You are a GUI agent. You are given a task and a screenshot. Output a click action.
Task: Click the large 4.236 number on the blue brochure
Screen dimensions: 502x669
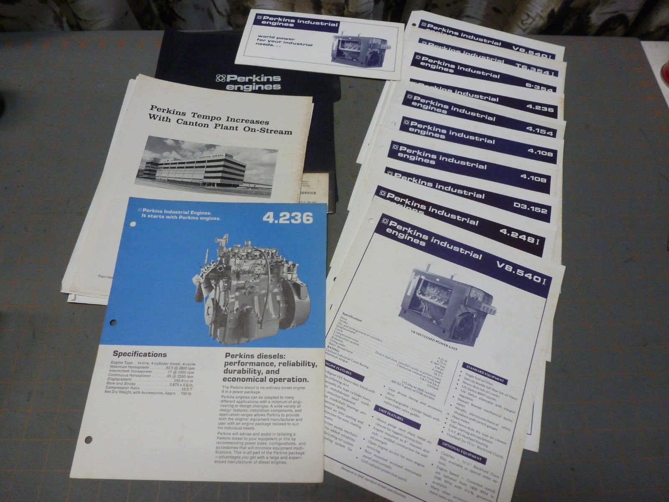pyautogui.click(x=288, y=218)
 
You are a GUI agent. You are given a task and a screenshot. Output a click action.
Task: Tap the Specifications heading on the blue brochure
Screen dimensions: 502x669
pyautogui.click(x=139, y=354)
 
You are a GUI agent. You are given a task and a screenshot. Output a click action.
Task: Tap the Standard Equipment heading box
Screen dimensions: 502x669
pyautogui.click(x=484, y=375)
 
